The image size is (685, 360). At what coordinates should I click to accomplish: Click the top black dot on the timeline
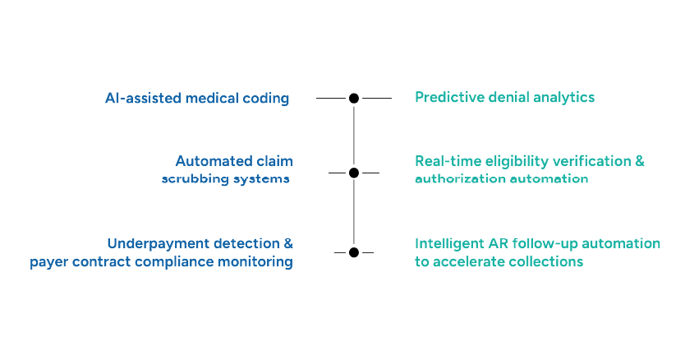click(x=354, y=98)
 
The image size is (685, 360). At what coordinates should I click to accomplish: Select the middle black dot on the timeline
click(x=354, y=173)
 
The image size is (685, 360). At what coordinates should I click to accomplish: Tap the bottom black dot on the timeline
click(x=354, y=252)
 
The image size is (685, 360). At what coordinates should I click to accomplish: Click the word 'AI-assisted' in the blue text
click(x=143, y=99)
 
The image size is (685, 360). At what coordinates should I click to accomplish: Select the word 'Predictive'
click(x=448, y=98)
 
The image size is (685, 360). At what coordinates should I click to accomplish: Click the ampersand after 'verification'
click(x=640, y=161)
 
